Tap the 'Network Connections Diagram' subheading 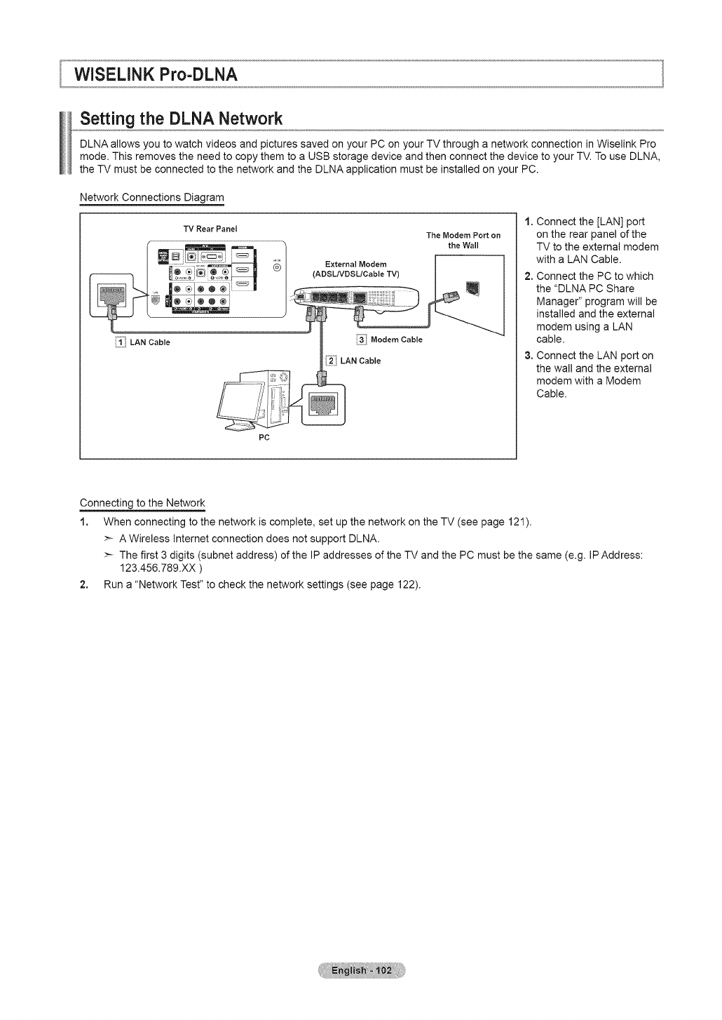point(151,197)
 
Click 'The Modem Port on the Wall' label point(463,240)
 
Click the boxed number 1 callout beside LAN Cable point(121,342)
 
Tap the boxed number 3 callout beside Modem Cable point(362,340)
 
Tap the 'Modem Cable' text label point(397,340)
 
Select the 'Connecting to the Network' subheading point(142,503)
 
